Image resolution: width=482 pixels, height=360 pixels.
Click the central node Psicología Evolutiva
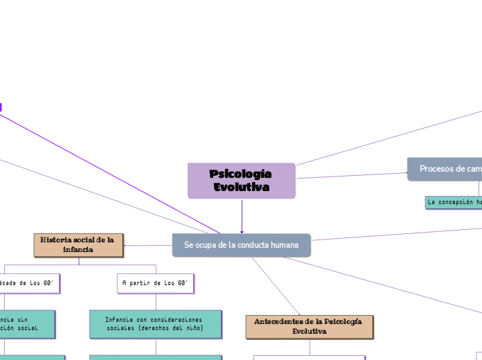pos(241,181)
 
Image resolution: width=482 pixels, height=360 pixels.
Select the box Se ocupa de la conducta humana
pos(241,245)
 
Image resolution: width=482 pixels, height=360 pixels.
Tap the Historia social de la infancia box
pos(78,244)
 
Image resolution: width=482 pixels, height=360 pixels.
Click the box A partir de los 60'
pos(156,282)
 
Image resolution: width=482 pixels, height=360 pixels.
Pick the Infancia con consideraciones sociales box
pos(155,323)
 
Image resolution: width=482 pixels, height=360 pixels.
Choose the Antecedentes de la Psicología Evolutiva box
pos(309,327)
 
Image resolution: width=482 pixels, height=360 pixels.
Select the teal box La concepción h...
pos(454,202)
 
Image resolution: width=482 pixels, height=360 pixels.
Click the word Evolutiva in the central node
pos(242,188)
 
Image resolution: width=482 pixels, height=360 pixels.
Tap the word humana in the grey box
pos(283,245)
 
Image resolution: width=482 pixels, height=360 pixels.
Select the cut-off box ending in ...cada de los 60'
pos(29,282)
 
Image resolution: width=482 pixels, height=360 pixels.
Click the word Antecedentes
pos(279,322)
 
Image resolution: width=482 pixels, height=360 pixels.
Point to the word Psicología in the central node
pos(240,174)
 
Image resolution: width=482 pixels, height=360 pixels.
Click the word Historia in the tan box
pos(56,240)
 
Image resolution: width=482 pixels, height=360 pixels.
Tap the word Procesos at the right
pos(436,169)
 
